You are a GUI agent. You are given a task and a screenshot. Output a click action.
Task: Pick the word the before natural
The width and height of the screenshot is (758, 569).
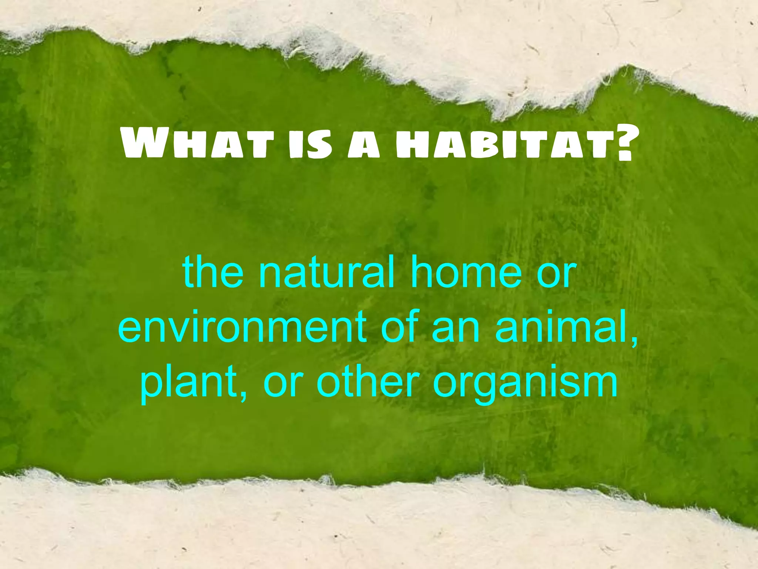pyautogui.click(x=213, y=272)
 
